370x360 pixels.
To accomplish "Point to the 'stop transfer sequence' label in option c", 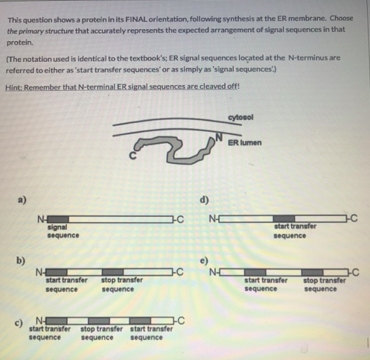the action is (98, 332).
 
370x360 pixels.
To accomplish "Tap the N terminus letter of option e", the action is (214, 271).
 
